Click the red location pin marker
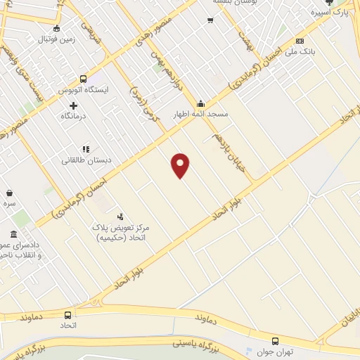(x=181, y=165)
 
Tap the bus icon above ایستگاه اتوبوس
(x=84, y=79)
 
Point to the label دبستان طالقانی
(x=85, y=160)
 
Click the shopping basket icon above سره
(x=9, y=193)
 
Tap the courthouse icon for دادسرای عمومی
(x=13, y=234)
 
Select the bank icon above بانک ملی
(x=300, y=41)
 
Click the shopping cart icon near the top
(x=210, y=20)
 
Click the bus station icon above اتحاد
(x=68, y=315)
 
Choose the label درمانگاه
(x=73, y=116)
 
